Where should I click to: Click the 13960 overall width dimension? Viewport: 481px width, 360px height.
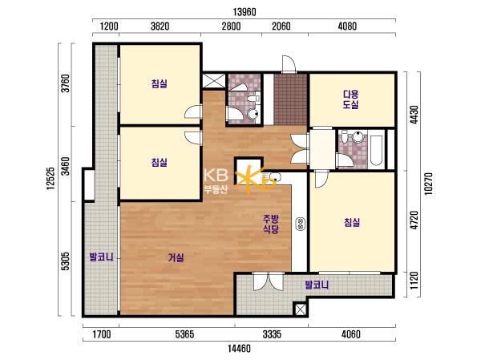pyautogui.click(x=245, y=12)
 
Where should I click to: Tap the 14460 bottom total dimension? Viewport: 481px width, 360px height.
pyautogui.click(x=240, y=349)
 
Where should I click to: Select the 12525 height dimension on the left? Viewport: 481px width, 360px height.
pyautogui.click(x=51, y=178)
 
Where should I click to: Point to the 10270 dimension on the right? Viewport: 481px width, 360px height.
pyautogui.click(x=428, y=184)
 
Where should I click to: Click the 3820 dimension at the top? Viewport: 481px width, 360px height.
pyautogui.click(x=160, y=26)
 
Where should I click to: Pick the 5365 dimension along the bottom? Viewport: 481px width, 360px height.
pyautogui.click(x=185, y=334)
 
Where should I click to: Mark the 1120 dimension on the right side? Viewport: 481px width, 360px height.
pyautogui.click(x=414, y=281)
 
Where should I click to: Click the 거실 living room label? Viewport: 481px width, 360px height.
pyautogui.click(x=176, y=258)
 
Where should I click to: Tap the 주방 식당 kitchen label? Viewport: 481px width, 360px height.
pyautogui.click(x=271, y=224)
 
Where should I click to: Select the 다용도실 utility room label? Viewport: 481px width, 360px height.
pyautogui.click(x=350, y=99)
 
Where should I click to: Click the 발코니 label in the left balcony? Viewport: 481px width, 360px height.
pyautogui.click(x=101, y=257)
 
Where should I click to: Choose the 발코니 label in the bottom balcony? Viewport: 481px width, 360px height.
pyautogui.click(x=317, y=285)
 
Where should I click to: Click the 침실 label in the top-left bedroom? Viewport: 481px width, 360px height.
pyautogui.click(x=160, y=83)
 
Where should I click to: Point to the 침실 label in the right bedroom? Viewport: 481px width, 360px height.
pyautogui.click(x=352, y=223)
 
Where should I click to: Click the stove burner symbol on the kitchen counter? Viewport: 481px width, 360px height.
pyautogui.click(x=300, y=224)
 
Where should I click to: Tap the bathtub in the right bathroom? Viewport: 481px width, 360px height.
pyautogui.click(x=376, y=148)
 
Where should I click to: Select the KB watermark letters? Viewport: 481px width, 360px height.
pyautogui.click(x=216, y=176)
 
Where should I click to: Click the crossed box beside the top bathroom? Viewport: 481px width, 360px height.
pyautogui.click(x=214, y=81)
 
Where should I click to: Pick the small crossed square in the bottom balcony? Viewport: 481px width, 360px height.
pyautogui.click(x=300, y=309)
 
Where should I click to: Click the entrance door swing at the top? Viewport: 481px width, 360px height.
pyautogui.click(x=289, y=64)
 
